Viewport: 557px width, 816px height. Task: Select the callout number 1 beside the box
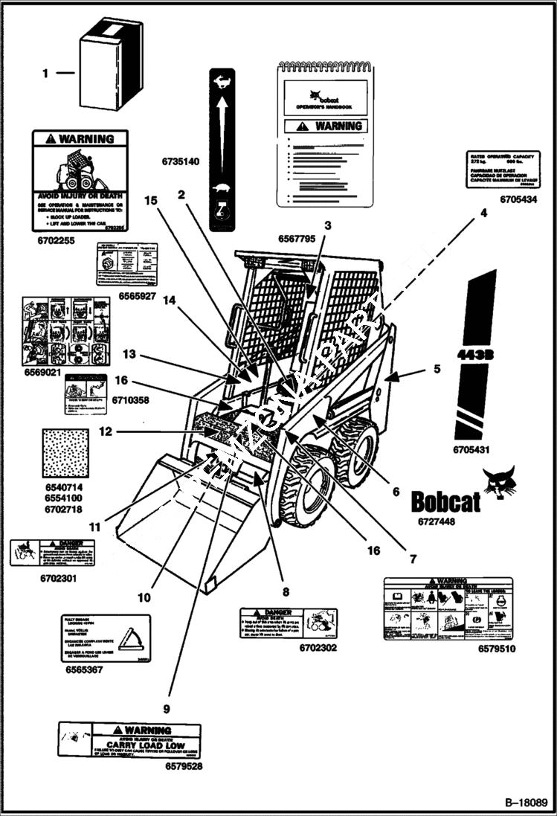click(45, 73)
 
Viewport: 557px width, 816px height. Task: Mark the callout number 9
click(167, 708)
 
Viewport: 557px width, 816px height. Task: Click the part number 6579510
click(498, 649)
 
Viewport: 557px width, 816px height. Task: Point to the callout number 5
click(437, 368)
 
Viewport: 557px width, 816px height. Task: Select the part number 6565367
click(86, 669)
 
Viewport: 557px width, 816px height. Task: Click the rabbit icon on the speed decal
click(221, 83)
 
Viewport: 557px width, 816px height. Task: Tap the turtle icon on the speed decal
click(221, 187)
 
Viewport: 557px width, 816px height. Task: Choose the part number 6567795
click(297, 239)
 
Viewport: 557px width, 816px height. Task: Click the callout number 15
click(151, 200)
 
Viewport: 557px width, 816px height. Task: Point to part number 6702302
click(318, 648)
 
